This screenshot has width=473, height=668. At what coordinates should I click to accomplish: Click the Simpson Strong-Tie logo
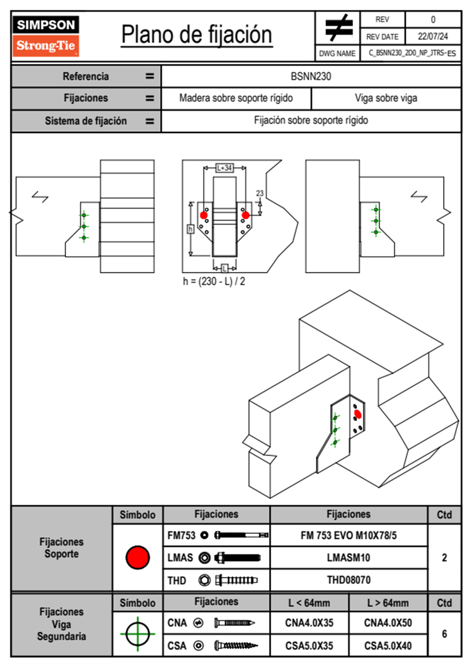pyautogui.click(x=46, y=36)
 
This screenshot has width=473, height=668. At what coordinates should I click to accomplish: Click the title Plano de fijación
pyautogui.click(x=197, y=35)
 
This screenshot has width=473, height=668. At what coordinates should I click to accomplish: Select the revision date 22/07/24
pyautogui.click(x=432, y=37)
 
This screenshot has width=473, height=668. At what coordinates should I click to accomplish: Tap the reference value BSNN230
pyautogui.click(x=311, y=76)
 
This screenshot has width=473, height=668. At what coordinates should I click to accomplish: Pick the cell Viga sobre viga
pyautogui.click(x=386, y=98)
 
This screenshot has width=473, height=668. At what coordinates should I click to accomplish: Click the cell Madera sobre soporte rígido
pyautogui.click(x=236, y=98)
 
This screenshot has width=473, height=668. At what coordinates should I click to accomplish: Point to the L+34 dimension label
pyautogui.click(x=225, y=168)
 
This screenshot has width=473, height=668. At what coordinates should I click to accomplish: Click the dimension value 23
pyautogui.click(x=260, y=193)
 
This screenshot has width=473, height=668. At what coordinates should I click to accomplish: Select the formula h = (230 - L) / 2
pyautogui.click(x=214, y=282)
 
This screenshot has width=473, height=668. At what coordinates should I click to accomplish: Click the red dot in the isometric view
pyautogui.click(x=358, y=414)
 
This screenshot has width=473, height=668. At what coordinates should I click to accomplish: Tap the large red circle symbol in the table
pyautogui.click(x=138, y=557)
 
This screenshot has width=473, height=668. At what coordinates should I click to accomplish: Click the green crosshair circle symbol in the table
pyautogui.click(x=138, y=634)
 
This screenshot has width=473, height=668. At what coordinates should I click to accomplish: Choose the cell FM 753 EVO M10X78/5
pyautogui.click(x=349, y=536)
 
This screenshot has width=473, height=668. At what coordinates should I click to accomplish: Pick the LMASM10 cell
pyautogui.click(x=349, y=558)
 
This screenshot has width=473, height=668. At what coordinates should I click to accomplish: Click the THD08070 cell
pyautogui.click(x=349, y=580)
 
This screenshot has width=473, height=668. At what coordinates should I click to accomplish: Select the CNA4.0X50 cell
pyautogui.click(x=388, y=623)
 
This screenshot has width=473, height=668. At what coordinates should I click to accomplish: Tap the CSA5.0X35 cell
pyautogui.click(x=309, y=646)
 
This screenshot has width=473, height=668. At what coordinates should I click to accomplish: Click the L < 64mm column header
pyautogui.click(x=309, y=603)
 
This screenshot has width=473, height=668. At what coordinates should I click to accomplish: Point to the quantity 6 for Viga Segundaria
pyautogui.click(x=444, y=634)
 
